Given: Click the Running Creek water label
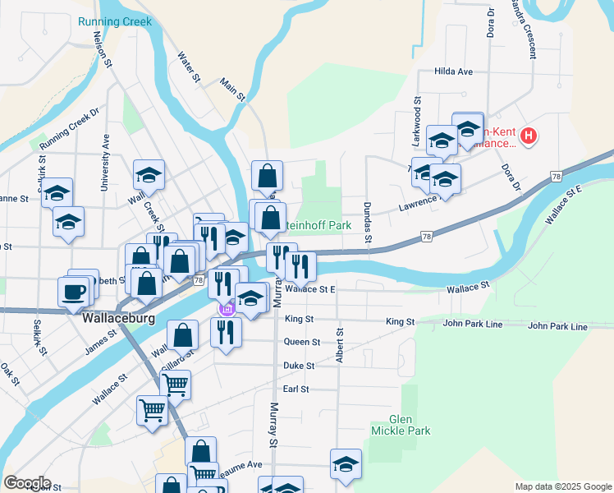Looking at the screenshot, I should (115, 21).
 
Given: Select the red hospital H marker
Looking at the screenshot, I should (529, 136).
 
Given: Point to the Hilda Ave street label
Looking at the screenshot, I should (454, 71).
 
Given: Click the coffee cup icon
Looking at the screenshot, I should (72, 290).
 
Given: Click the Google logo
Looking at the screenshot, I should (26, 483).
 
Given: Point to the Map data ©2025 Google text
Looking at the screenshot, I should (562, 486).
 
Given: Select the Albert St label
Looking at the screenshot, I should (339, 344).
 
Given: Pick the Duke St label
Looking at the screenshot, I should (299, 365).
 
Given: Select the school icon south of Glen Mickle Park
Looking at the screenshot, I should (346, 464).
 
